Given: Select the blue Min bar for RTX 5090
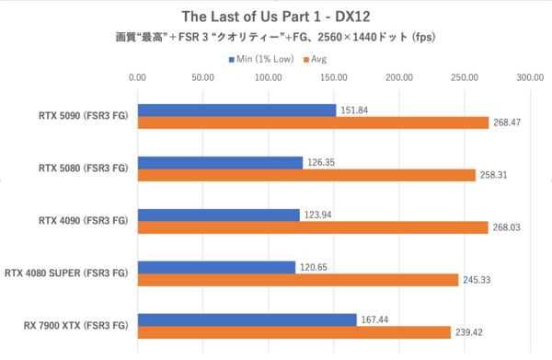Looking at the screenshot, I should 236,110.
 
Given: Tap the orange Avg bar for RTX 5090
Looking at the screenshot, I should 313,122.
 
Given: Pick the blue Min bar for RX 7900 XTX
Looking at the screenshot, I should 247,319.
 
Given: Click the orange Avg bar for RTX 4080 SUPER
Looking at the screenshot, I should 297,280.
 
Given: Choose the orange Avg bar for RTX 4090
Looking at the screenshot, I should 312,227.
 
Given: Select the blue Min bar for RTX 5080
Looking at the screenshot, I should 220,163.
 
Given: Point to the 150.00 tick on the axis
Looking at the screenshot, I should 334,78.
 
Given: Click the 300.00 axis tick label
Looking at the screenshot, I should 530,78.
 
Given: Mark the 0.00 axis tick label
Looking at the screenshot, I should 138,78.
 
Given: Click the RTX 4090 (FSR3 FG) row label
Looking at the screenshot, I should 80,221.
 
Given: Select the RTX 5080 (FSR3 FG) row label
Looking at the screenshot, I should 80,168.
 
